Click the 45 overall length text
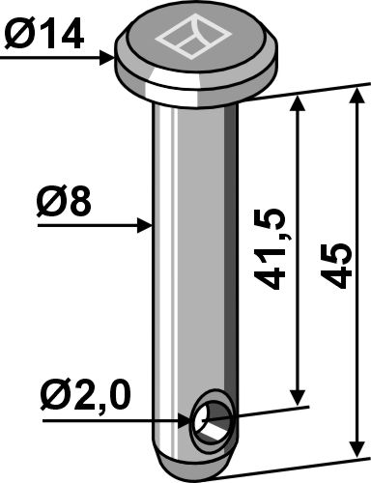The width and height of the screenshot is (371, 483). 330,262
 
